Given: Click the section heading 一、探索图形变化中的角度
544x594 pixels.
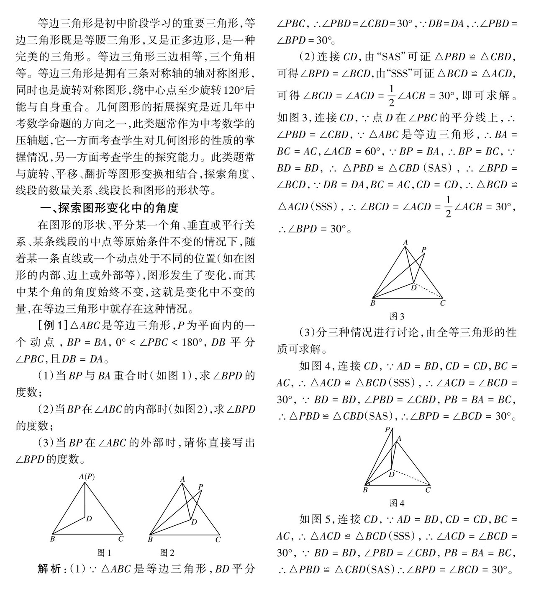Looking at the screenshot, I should coord(109,208).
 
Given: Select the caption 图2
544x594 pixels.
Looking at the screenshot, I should coord(167,553).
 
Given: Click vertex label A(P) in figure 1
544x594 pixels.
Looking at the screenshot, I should coord(87,476).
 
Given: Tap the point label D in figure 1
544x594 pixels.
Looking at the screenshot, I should coord(89,519).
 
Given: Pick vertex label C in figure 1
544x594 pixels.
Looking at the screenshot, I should coord(121,539).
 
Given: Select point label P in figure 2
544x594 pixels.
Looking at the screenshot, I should coord(200,487).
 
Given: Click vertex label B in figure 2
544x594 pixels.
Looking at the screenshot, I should coord(150,540).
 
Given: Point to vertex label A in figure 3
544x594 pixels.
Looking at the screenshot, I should coord(405,242).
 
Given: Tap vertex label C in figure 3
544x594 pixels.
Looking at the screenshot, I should coord(442,303).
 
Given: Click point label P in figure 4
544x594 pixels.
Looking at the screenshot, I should coord(387,430).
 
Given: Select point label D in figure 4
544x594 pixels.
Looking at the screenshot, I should coord(392,474).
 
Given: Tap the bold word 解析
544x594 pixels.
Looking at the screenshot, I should coord(49,569).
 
